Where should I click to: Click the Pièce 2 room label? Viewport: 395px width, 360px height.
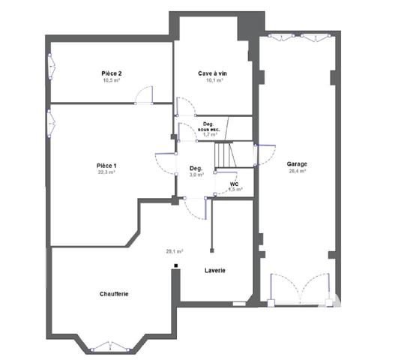coord(112,73)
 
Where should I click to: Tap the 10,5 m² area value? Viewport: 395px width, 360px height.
coord(112,80)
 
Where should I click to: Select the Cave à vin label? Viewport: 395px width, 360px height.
coord(212,73)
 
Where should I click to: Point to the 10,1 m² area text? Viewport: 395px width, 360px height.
coord(212,80)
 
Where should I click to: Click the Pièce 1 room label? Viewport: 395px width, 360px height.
coord(106,165)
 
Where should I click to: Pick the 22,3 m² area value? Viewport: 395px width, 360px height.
coord(106,172)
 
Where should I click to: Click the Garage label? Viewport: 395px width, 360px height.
coord(297,163)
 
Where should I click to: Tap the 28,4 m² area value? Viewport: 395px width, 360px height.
coord(297,171)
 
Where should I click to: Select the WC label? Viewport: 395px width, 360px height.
coord(234,183)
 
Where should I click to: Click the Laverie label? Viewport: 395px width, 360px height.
coord(215,270)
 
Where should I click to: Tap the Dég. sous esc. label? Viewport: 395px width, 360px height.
coord(209,127)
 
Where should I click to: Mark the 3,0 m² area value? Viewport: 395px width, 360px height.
coord(196,175)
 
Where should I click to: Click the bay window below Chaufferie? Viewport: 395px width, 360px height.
coord(111,347)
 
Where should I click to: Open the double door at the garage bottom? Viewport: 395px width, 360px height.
coord(299,290)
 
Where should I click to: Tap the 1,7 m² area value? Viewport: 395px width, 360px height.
coord(210,135)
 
